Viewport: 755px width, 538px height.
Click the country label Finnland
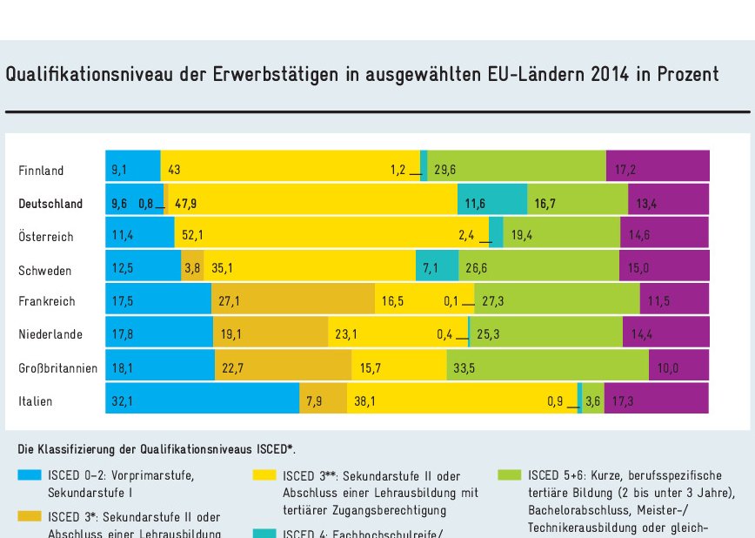pos(41,171)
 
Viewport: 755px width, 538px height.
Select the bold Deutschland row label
pos(50,204)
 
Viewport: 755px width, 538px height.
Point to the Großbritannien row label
pos(57,368)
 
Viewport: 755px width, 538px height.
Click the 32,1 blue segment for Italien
pos(202,401)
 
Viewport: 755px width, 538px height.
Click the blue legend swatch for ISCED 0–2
pos(30,475)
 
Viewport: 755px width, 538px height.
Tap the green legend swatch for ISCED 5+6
pos(510,475)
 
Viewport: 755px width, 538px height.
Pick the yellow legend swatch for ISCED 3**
pos(264,475)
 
